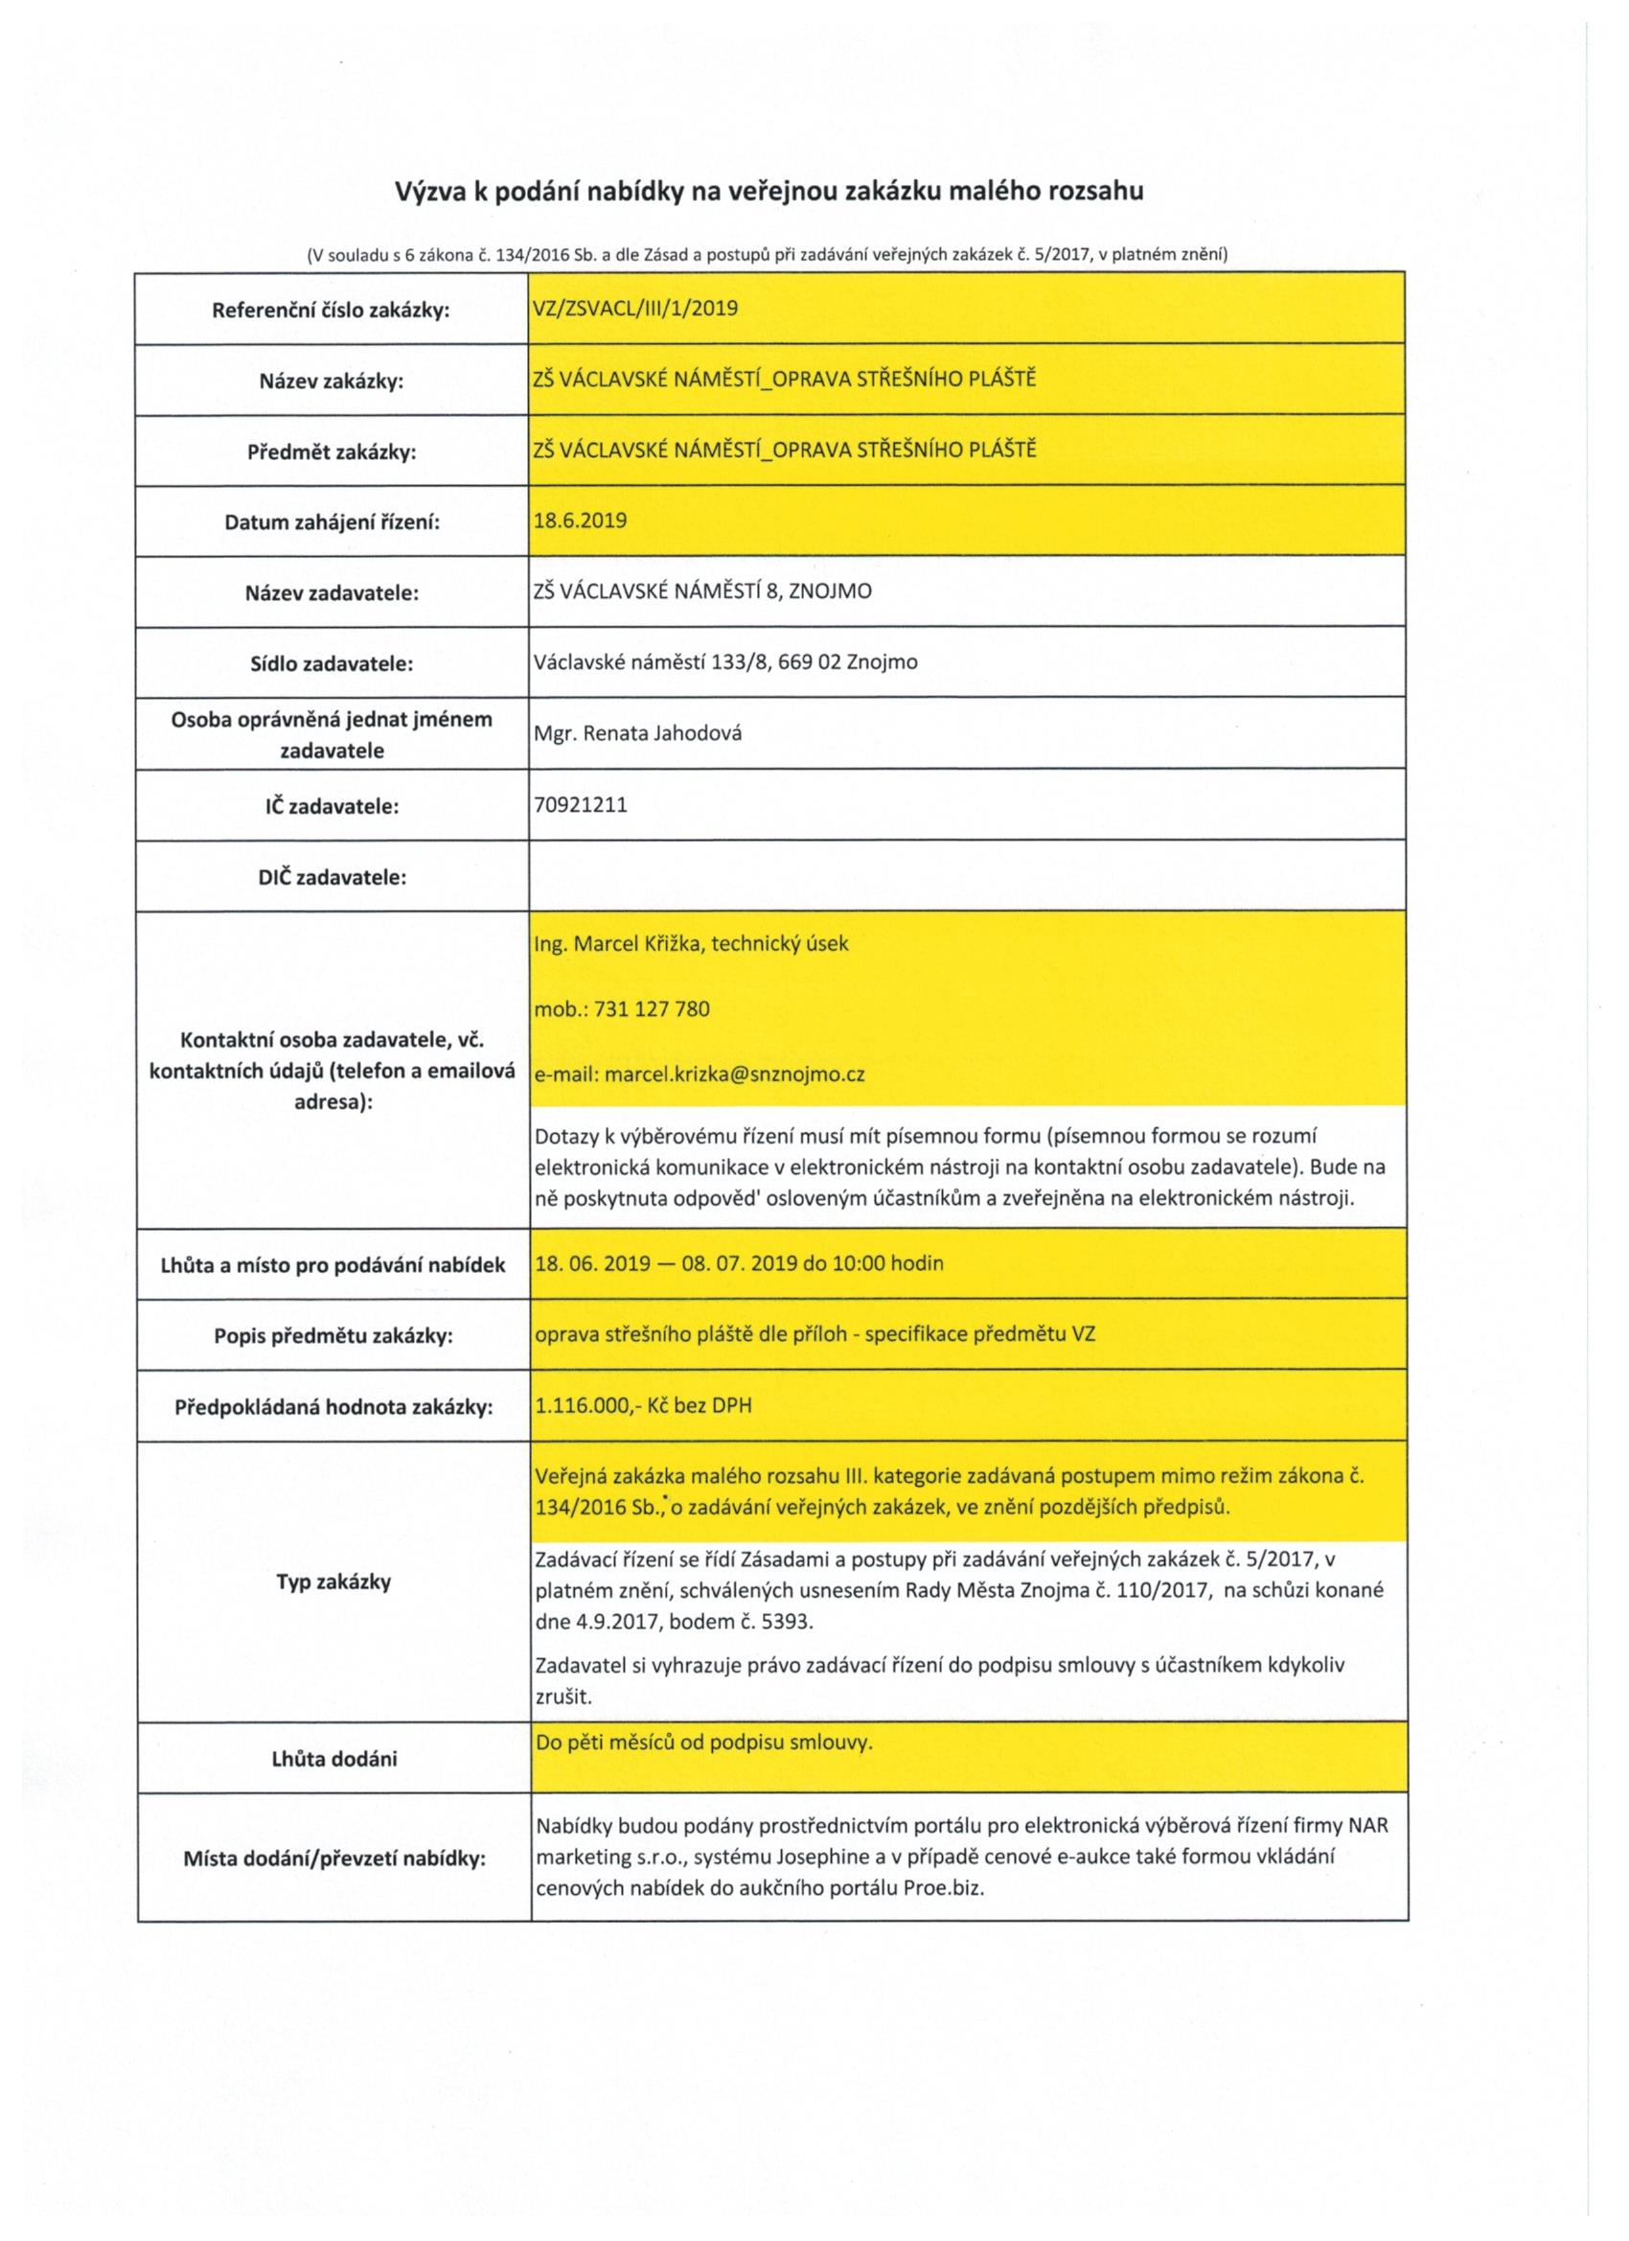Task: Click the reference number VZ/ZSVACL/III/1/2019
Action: tap(635, 309)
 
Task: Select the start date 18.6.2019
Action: tap(580, 520)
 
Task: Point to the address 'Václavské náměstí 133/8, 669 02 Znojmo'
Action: tap(725, 662)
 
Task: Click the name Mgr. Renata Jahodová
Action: tap(637, 733)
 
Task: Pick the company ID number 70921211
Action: tap(580, 804)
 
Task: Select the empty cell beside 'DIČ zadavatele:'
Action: tap(966, 875)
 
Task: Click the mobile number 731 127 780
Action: tap(651, 1009)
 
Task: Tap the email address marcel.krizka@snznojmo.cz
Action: tap(734, 1074)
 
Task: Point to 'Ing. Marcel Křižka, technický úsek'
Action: tap(691, 943)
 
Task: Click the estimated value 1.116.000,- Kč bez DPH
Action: tap(642, 1404)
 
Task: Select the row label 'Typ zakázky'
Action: tap(333, 1581)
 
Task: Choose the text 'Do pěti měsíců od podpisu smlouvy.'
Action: tap(703, 1742)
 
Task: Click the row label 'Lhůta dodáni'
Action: tap(333, 1759)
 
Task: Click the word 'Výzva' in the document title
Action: tap(429, 191)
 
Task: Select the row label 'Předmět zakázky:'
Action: tap(331, 451)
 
